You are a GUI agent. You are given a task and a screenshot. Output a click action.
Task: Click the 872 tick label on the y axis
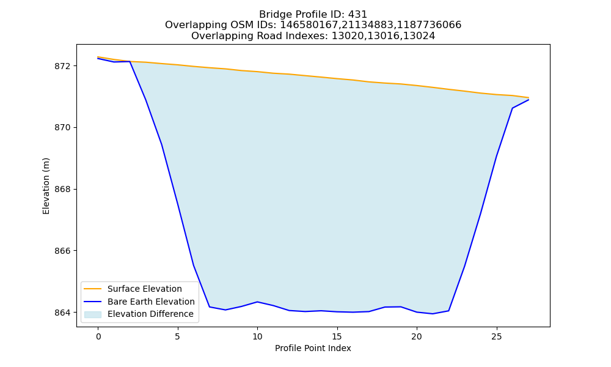tap(63, 66)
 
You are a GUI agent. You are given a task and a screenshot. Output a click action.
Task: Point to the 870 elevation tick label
tap(63, 128)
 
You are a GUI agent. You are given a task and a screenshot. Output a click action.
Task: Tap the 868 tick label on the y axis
tap(63, 190)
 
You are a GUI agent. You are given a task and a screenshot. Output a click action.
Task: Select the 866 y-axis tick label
tap(63, 251)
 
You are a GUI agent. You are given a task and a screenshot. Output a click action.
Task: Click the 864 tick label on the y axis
tap(63, 313)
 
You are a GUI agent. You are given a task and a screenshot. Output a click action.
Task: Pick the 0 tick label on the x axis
tap(98, 336)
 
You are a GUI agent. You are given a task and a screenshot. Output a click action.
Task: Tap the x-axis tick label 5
tap(178, 336)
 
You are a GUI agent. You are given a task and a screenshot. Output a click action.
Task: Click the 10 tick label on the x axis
tap(257, 336)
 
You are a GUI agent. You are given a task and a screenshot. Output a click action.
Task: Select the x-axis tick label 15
tap(337, 336)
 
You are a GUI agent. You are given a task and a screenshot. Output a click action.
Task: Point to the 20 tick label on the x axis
tap(417, 336)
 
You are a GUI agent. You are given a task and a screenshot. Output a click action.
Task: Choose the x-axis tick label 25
tap(496, 336)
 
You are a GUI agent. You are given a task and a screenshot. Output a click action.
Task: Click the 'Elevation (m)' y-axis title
tap(46, 186)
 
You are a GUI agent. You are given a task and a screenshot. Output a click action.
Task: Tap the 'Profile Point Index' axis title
tap(313, 348)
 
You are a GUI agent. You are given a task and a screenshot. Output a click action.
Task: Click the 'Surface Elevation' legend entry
tap(145, 289)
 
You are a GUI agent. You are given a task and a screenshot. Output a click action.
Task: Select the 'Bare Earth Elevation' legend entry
tap(151, 302)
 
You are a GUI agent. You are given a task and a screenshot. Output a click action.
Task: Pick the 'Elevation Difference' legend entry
tap(150, 314)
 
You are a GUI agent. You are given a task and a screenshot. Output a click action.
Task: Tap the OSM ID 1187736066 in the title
tap(429, 25)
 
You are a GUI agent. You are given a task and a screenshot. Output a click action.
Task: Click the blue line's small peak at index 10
tap(257, 302)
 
